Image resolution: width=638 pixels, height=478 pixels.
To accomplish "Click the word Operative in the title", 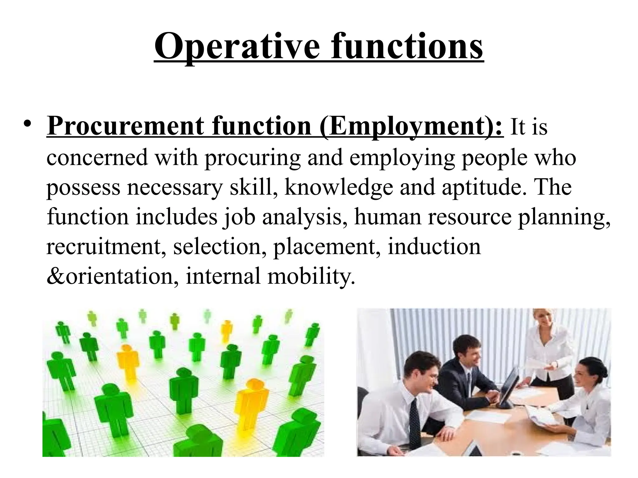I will click(237, 47).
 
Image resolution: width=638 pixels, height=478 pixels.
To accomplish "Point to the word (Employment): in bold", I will click(411, 127).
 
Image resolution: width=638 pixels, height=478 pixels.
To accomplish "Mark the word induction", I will click(434, 247).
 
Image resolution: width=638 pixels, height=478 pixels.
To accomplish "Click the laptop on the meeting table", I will click(507, 389).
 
